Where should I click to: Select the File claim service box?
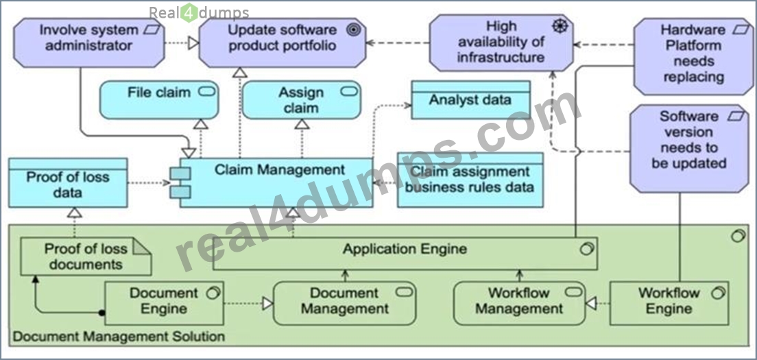coord(159,100)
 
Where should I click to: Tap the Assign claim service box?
coord(301,100)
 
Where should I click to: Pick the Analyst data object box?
coord(470,100)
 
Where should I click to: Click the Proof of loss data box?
coord(68,183)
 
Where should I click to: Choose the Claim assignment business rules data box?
coord(470,180)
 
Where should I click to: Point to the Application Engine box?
coord(405,253)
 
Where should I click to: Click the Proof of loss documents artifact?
coord(86,256)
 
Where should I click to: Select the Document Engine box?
coord(164,303)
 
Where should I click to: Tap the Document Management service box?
coord(344,303)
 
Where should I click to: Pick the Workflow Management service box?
coord(520,303)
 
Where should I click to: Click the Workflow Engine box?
coord(669,303)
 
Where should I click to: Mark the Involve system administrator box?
coord(89,43)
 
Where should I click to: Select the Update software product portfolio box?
coord(283,43)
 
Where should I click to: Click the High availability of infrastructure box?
coord(501,43)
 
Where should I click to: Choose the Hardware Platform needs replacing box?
coord(694,56)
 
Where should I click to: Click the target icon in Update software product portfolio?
coord(354,30)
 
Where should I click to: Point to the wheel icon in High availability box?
coord(559,26)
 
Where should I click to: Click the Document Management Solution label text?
coord(118,336)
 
